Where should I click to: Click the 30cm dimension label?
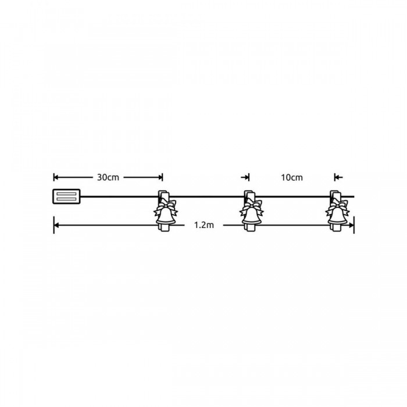(108, 177)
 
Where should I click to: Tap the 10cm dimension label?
(292, 177)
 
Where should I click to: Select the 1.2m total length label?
(204, 225)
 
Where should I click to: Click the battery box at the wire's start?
(66, 197)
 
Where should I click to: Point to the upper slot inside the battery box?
(66, 194)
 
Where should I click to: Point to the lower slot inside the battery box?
(66, 199)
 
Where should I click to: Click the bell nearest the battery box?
(165, 216)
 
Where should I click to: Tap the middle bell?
(251, 216)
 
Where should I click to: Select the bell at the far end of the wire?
(337, 216)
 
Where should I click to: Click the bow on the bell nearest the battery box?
(166, 207)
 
